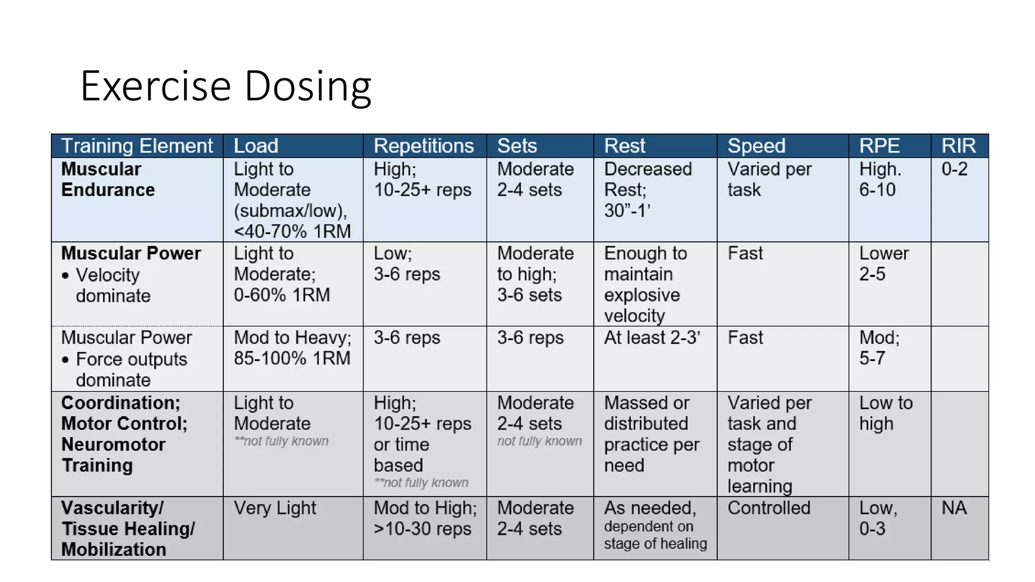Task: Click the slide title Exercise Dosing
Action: pos(225,86)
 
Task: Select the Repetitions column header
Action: pos(424,146)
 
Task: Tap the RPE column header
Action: pos(879,146)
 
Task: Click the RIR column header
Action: pos(958,146)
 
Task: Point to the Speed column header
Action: pos(756,146)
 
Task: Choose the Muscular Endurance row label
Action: pos(108,179)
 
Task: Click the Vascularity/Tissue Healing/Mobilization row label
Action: pos(128,528)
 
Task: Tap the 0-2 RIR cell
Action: pos(954,169)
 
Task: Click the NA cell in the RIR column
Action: pos(954,508)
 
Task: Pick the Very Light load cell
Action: pos(275,508)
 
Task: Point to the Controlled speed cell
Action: pos(769,508)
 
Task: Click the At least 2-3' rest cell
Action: pos(652,337)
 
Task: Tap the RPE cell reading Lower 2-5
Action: pos(883,264)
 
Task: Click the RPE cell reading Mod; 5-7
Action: pos(879,348)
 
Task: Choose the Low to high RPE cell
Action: pos(886,413)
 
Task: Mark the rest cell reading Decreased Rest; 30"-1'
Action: pos(648,190)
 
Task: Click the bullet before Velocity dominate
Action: pos(65,276)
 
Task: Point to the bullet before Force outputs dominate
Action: pos(65,360)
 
